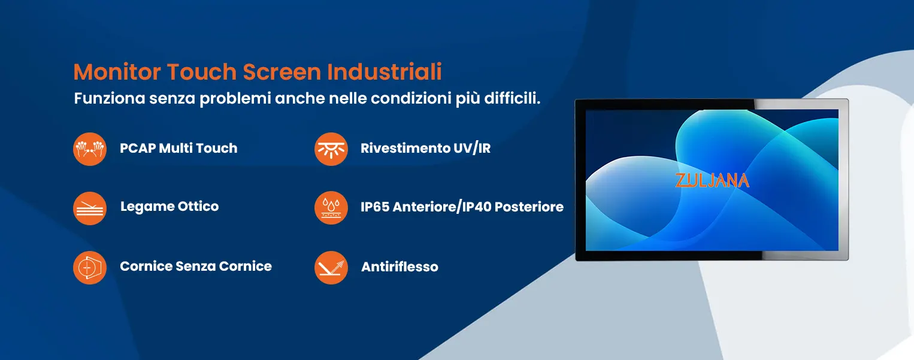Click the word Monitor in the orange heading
[x=117, y=72]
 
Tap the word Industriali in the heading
[x=385, y=72]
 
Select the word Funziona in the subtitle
[x=110, y=98]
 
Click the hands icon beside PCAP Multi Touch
[x=90, y=149]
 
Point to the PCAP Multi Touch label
[x=178, y=148]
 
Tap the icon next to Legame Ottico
[x=90, y=208]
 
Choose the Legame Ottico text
[x=170, y=207]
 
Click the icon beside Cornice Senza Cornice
[x=90, y=268]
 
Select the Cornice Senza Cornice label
[x=196, y=266]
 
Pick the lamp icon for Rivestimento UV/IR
[x=331, y=149]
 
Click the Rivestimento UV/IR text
[x=426, y=148]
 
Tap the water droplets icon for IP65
[x=331, y=208]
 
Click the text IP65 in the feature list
[x=375, y=207]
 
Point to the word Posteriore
[x=529, y=207]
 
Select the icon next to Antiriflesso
[x=331, y=268]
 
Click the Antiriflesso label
[x=400, y=267]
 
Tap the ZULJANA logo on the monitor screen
[x=712, y=180]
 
